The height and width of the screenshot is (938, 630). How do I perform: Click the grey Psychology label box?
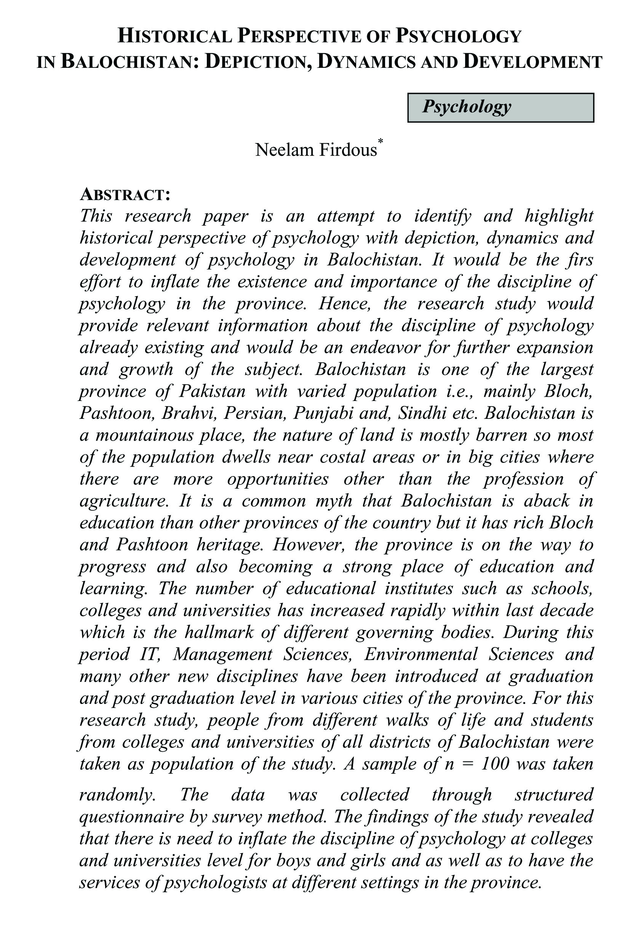pyautogui.click(x=500, y=107)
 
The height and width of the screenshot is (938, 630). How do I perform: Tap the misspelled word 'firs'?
pyautogui.click(x=580, y=260)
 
